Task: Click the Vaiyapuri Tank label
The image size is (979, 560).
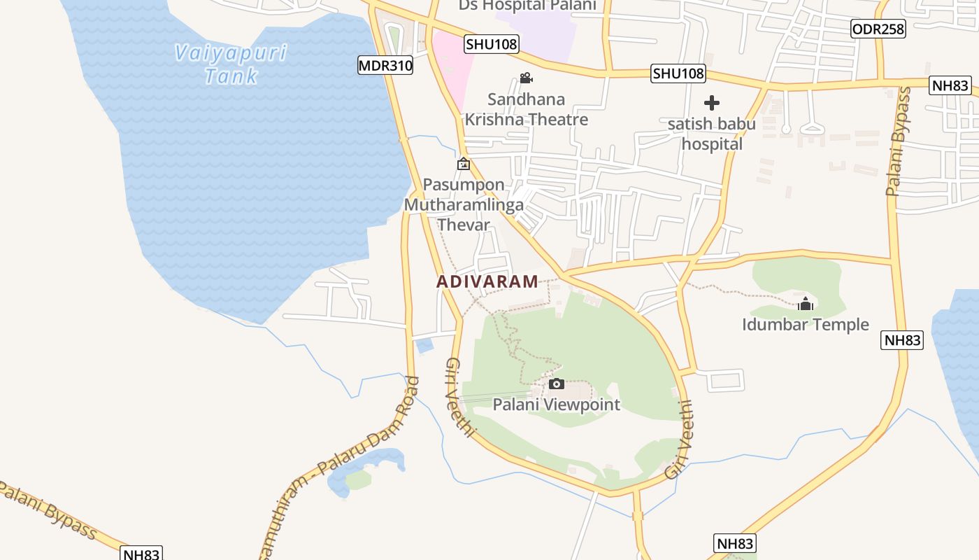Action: [x=231, y=64]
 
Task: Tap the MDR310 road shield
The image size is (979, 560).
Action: [x=385, y=66]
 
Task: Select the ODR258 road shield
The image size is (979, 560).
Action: [x=878, y=29]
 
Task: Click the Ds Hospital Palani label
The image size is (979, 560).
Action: [x=527, y=6]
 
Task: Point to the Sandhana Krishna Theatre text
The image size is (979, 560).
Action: [x=527, y=109]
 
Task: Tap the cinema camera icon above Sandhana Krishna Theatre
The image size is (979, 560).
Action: [x=526, y=78]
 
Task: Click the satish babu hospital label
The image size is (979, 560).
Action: [x=712, y=134]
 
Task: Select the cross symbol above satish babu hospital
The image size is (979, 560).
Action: [x=712, y=104]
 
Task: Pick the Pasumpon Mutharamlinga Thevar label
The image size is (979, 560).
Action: [x=464, y=205]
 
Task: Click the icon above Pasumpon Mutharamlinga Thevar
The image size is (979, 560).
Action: [x=463, y=164]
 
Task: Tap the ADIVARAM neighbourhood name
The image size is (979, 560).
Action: [x=487, y=281]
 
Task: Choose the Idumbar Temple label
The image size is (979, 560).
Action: [x=806, y=325]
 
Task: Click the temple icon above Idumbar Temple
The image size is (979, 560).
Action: [x=806, y=304]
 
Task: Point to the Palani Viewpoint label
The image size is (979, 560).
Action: [x=557, y=405]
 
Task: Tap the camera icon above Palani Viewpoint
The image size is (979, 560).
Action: [x=557, y=384]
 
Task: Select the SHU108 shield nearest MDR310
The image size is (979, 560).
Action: [x=492, y=45]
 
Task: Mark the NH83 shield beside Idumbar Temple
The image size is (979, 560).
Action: [x=901, y=341]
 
